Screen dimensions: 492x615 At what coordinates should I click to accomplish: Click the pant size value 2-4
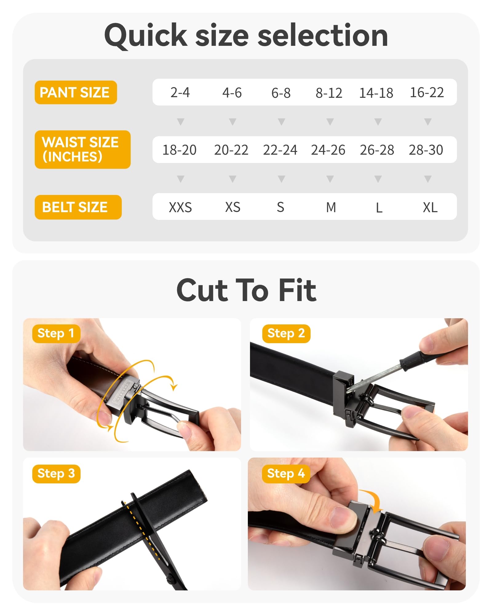(180, 93)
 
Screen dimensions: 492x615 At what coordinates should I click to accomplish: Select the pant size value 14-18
(376, 93)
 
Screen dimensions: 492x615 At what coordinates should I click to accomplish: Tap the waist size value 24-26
(328, 150)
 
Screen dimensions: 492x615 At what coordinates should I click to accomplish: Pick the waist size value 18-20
(179, 150)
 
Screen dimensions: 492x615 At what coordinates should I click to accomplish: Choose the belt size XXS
(180, 207)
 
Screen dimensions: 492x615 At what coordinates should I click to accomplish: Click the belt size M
(331, 207)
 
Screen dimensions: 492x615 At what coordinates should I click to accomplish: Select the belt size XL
(430, 207)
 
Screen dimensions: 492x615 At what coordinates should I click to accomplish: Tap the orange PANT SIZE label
(76, 92)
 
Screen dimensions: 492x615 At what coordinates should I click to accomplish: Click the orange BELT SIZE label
(78, 207)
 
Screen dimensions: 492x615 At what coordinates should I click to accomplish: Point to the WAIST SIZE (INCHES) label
(82, 149)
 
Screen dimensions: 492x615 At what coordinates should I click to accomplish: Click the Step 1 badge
(56, 333)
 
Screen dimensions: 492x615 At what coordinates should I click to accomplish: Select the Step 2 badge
(286, 333)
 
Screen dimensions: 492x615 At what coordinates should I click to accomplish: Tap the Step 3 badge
(56, 474)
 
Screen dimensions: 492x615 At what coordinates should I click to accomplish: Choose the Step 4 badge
(286, 474)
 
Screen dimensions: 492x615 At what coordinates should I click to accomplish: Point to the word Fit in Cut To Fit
(297, 290)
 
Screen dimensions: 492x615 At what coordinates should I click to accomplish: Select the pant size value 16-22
(427, 93)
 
